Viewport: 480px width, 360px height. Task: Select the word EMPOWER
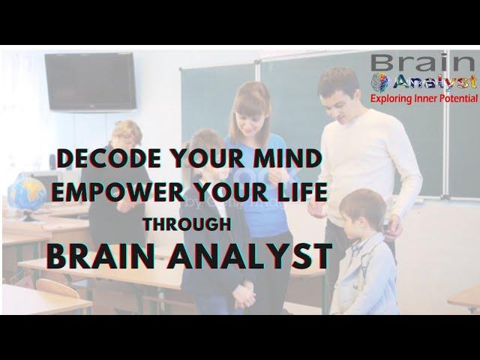(118, 192)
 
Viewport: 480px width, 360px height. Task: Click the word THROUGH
(187, 225)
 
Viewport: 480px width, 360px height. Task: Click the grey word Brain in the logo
(423, 63)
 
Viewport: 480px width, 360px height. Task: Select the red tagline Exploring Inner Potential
(424, 98)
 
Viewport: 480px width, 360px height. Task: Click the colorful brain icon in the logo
(379, 82)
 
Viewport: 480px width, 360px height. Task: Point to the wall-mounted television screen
(90, 82)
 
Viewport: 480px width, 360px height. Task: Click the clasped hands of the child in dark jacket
(244, 296)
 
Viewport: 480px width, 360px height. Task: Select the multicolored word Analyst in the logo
(435, 83)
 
